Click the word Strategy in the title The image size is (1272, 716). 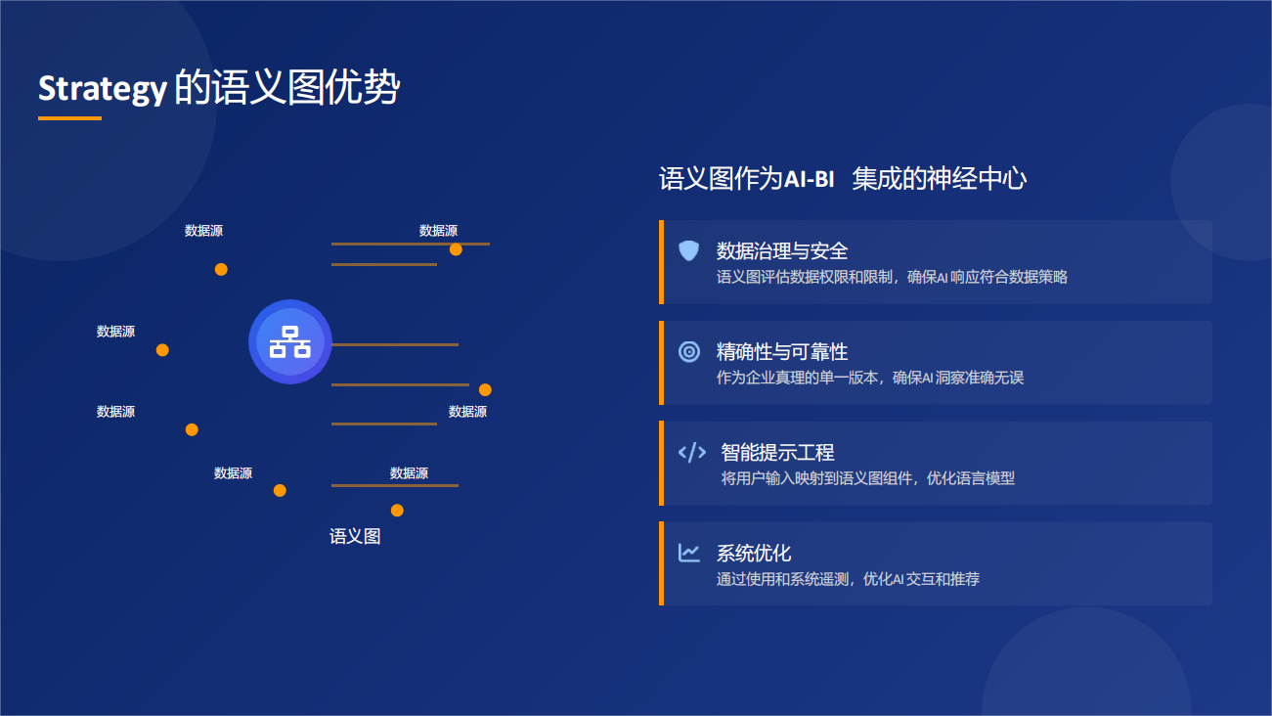pos(103,89)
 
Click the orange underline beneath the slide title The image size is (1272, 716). pos(69,118)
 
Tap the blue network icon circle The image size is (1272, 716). pos(290,341)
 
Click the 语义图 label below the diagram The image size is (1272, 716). pos(355,536)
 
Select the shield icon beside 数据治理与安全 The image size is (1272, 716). pos(689,250)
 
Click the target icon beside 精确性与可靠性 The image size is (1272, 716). pos(689,352)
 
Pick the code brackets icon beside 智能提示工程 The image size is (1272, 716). pos(692,452)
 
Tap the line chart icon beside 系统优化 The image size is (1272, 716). pos(689,553)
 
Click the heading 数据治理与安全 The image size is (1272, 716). pos(782,250)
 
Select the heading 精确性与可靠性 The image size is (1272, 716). pos(782,352)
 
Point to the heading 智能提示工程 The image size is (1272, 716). pos(777,452)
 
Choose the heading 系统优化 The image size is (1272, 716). pos(754,553)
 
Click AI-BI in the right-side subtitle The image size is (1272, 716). pos(809,179)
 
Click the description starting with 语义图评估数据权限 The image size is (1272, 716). pos(892,277)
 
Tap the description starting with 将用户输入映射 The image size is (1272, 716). pos(867,478)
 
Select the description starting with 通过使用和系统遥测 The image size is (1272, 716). pos(848,579)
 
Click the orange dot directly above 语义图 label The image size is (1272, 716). pos(397,511)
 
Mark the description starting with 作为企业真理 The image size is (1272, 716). pos(870,378)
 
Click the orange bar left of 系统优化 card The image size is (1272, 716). pos(661,563)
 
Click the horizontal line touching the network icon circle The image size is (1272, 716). pos(395,344)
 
